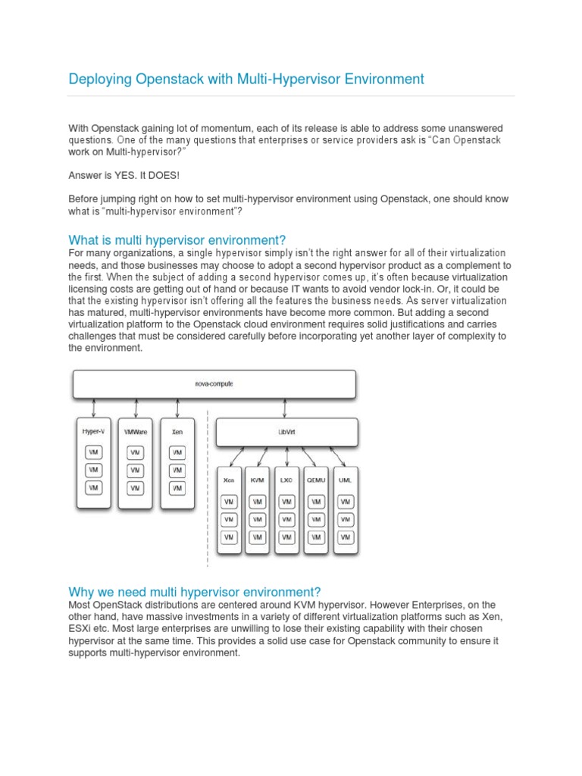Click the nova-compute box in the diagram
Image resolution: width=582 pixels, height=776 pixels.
click(x=214, y=384)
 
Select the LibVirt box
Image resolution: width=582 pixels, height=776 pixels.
click(x=286, y=432)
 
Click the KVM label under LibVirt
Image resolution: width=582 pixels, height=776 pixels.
click(x=258, y=480)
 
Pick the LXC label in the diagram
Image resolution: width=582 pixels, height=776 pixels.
click(x=286, y=480)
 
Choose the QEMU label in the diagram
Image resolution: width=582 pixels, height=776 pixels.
click(x=316, y=480)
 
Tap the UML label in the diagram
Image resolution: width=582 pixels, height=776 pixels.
click(x=346, y=480)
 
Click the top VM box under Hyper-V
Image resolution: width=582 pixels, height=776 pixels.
click(x=93, y=452)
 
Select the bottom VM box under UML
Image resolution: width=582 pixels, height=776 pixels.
click(x=346, y=537)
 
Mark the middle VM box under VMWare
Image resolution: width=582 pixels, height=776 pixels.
click(x=136, y=470)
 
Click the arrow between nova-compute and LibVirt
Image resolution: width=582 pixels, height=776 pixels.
click(x=286, y=408)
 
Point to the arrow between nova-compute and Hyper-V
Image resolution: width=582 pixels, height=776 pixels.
click(x=93, y=408)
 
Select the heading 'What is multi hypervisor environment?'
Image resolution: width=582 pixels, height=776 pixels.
click(x=177, y=239)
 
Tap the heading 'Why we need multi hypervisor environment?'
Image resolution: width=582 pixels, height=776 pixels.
click(x=195, y=591)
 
